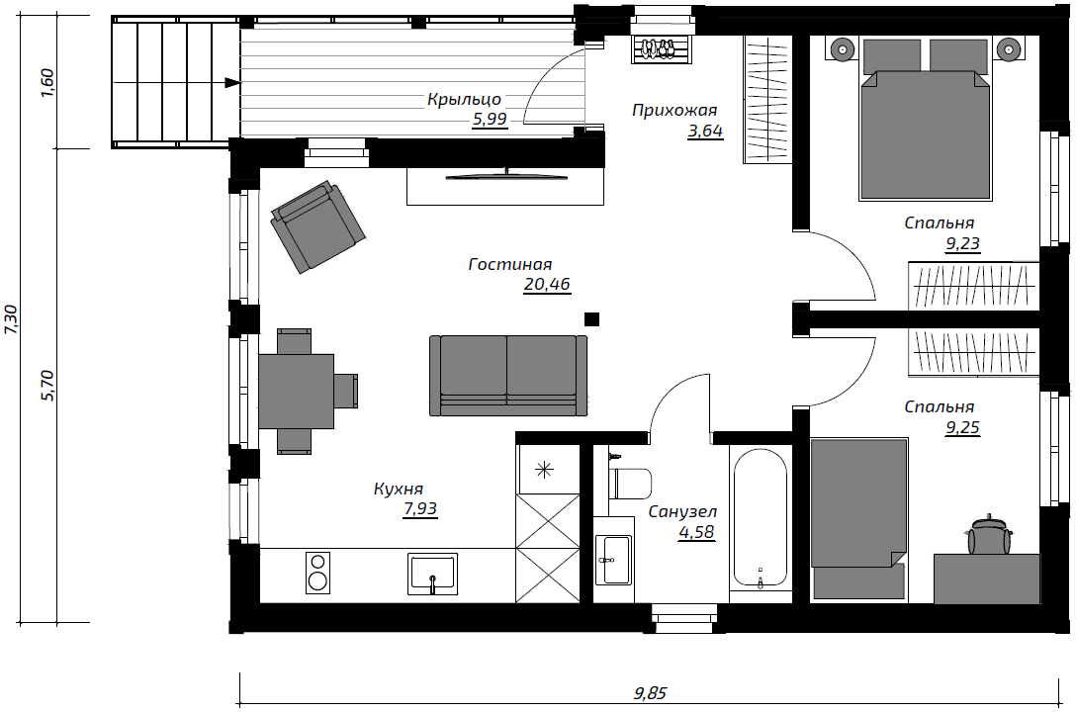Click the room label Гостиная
510,264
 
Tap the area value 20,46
547,284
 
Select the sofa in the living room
507,376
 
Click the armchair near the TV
317,226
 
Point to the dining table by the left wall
297,392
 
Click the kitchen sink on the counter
433,574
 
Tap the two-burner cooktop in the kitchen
317,573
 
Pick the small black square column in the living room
591,319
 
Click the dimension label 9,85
650,693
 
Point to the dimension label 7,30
12,319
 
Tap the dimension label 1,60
47,83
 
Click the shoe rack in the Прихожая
662,49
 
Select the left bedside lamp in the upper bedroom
842,49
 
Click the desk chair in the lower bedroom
989,535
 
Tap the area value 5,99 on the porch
490,120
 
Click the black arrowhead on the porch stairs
232,83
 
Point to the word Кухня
398,490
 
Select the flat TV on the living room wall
506,175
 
